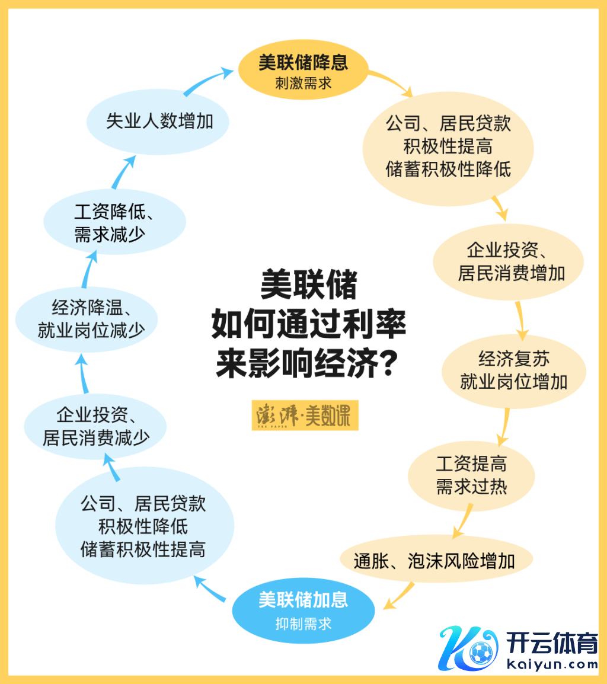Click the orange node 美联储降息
click(x=303, y=65)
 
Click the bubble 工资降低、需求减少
click(x=114, y=222)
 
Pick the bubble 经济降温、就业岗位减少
click(x=87, y=319)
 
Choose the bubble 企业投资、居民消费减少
click(x=95, y=427)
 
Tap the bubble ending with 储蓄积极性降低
click(x=448, y=146)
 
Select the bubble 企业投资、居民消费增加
click(x=509, y=261)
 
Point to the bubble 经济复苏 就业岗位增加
click(x=513, y=370)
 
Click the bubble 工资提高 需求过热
click(x=471, y=475)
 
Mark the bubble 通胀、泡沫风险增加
click(x=436, y=560)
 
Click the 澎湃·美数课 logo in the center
click(x=305, y=417)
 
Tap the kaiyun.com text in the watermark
click(x=552, y=664)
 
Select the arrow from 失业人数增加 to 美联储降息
click(x=207, y=80)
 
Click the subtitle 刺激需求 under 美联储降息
click(x=303, y=83)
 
